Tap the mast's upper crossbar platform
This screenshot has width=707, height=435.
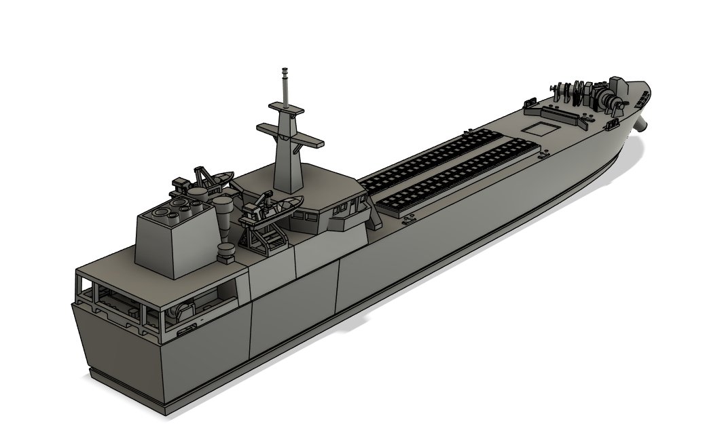[x=286, y=108]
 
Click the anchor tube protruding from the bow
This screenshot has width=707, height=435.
[x=642, y=124]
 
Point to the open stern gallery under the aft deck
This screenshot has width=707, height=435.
[x=156, y=305]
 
